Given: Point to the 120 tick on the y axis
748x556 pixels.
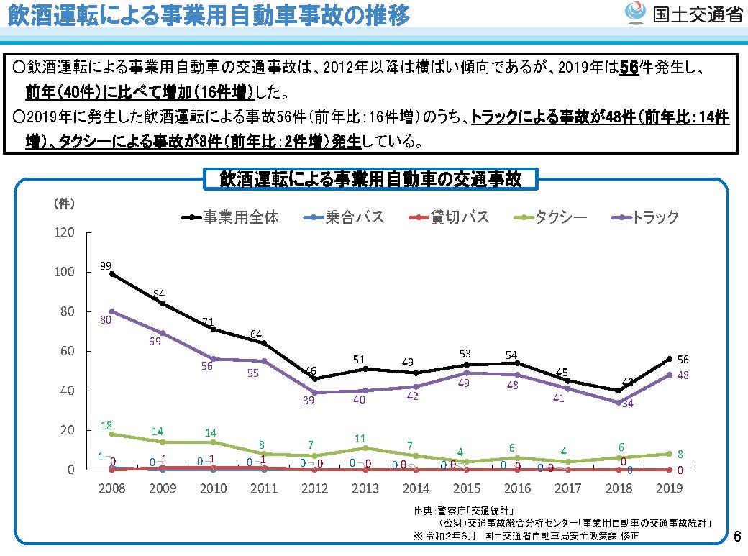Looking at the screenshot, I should point(65,233).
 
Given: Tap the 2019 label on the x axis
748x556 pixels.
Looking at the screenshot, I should point(669,488).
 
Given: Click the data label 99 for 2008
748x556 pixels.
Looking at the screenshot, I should point(106,266).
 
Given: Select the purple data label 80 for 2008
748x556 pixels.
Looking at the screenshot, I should point(105,319).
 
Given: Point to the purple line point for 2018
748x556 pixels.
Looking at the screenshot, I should point(618,402).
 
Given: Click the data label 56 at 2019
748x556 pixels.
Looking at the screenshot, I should point(683,359).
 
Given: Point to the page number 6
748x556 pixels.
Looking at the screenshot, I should point(736,537).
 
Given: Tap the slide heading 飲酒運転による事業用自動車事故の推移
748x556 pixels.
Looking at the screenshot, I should point(209,16).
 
